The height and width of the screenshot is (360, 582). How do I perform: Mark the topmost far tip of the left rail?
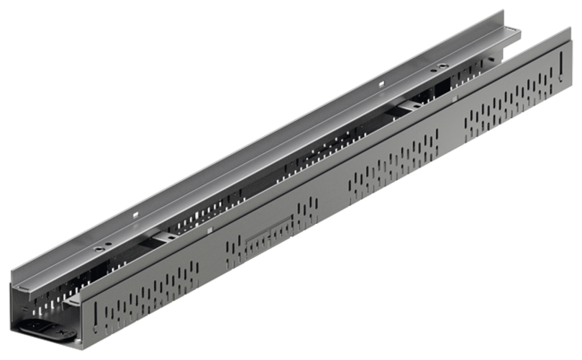(x=503, y=10)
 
